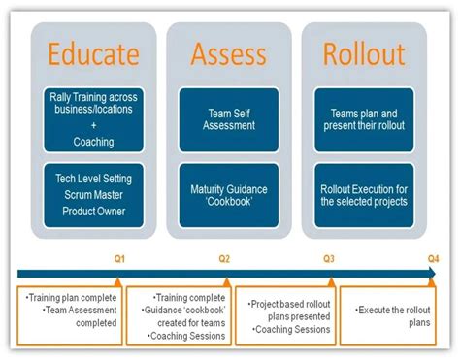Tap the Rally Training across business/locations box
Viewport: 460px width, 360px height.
point(95,118)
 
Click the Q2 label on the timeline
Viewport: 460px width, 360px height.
point(224,259)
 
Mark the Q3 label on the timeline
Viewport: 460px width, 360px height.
point(329,259)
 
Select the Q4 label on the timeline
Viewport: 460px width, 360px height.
point(433,259)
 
